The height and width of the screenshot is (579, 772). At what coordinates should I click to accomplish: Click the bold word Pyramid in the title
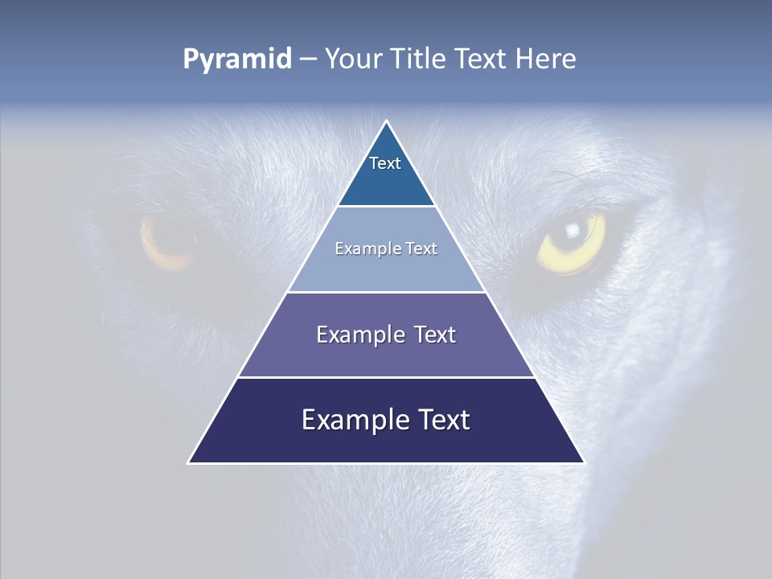coord(237,60)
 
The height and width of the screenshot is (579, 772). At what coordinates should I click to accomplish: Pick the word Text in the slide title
coord(482,59)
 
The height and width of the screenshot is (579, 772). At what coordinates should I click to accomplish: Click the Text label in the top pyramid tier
coord(385,163)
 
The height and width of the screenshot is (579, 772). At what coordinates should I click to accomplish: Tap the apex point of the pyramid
coord(387,121)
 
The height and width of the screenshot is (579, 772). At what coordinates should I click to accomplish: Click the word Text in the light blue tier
coord(422,248)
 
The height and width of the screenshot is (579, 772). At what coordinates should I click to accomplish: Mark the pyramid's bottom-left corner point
coord(188,463)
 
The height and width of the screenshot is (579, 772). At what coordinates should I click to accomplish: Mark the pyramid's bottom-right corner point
coord(585,463)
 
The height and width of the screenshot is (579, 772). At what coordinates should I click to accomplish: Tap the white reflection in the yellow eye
coord(572,230)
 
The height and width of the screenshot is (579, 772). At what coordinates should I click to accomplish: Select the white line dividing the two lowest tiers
coord(386,378)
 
